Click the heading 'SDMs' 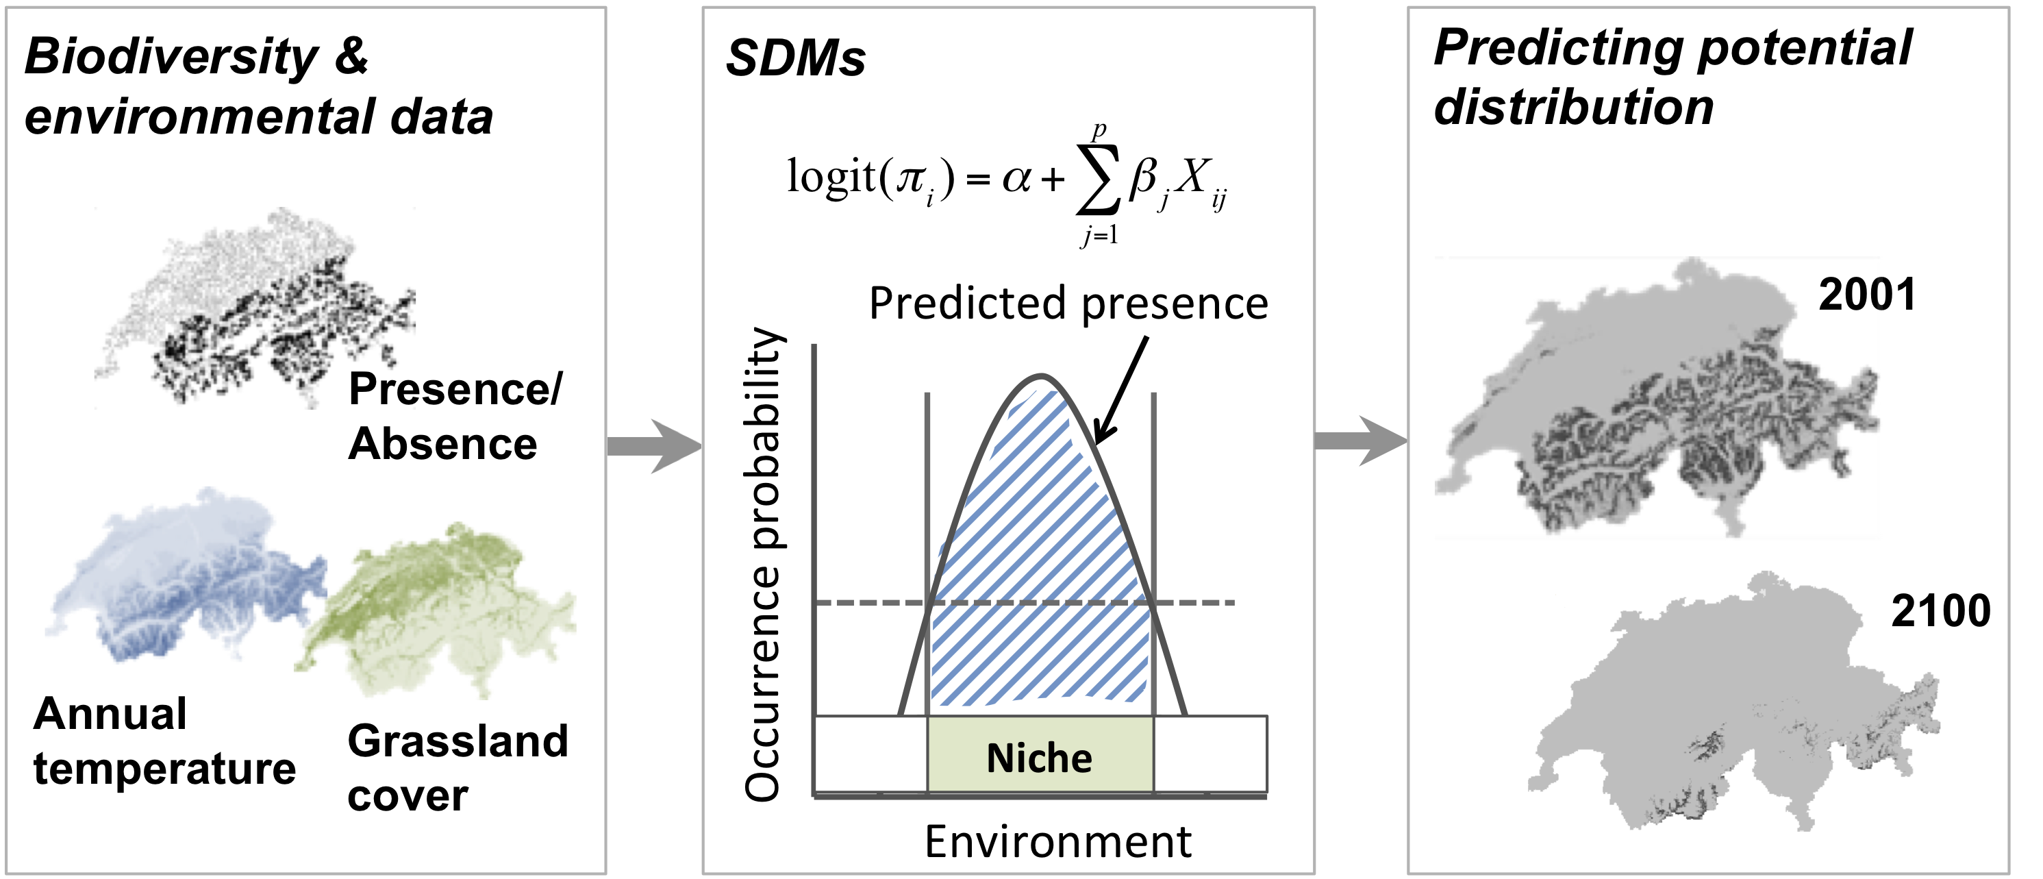(x=795, y=58)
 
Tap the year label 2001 (x=1867, y=295)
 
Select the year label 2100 (x=1941, y=611)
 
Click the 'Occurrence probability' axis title (x=763, y=564)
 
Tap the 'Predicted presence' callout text (x=1068, y=303)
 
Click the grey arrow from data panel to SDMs (x=654, y=447)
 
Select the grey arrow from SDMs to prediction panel (x=1361, y=441)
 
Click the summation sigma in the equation (x=1099, y=182)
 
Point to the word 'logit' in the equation (x=830, y=175)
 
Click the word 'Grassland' (x=458, y=742)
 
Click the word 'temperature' (x=164, y=769)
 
